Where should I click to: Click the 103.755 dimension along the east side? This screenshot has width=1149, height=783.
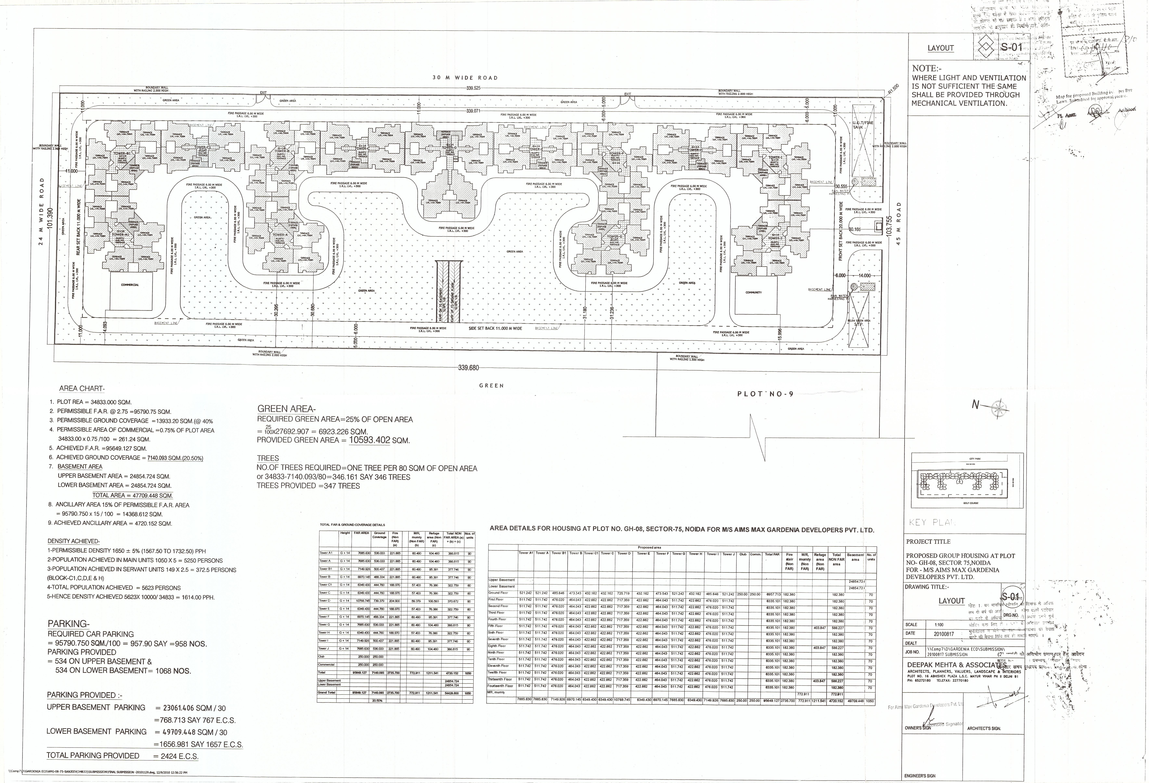pyautogui.click(x=888, y=226)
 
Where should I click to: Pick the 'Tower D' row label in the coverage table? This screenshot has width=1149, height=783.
pyautogui.click(x=324, y=600)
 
